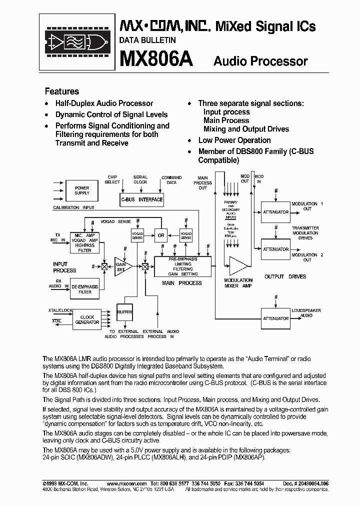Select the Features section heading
[x=62, y=91]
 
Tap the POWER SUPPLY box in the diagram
[x=81, y=190]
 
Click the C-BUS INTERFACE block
[x=141, y=199]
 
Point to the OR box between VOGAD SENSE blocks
[x=160, y=235]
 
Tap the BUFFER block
[x=124, y=312]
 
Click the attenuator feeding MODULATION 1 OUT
[x=275, y=212]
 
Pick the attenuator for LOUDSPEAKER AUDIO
[x=275, y=318]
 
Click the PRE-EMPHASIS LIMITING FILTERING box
[x=182, y=267]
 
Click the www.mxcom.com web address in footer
[x=127, y=483]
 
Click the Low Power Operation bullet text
[x=234, y=140]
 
